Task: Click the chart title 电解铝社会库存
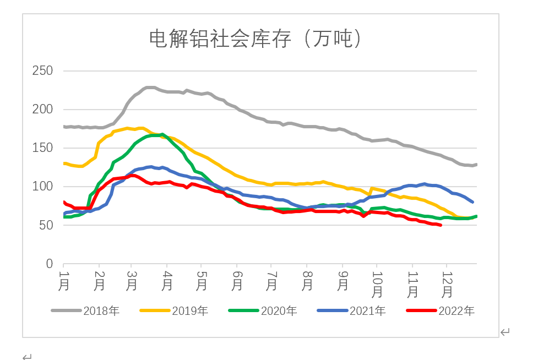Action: point(256,39)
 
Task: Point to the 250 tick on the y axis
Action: point(42,71)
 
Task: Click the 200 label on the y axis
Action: point(42,110)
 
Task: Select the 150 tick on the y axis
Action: point(42,148)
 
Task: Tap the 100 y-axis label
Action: point(42,187)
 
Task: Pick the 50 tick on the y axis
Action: point(46,225)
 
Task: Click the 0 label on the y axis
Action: point(49,264)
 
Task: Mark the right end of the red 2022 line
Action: point(441,225)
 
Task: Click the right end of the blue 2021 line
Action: point(472,202)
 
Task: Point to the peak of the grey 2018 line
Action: point(150,88)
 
